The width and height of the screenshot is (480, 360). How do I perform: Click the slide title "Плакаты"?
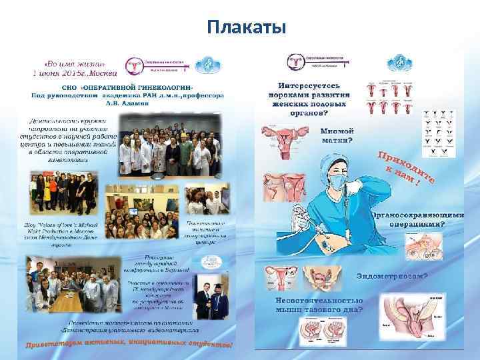[x=246, y=27]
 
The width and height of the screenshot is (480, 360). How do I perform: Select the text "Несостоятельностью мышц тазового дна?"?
[x=321, y=305]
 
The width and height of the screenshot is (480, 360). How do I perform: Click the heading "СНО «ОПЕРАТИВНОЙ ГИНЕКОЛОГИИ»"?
[x=129, y=88]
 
